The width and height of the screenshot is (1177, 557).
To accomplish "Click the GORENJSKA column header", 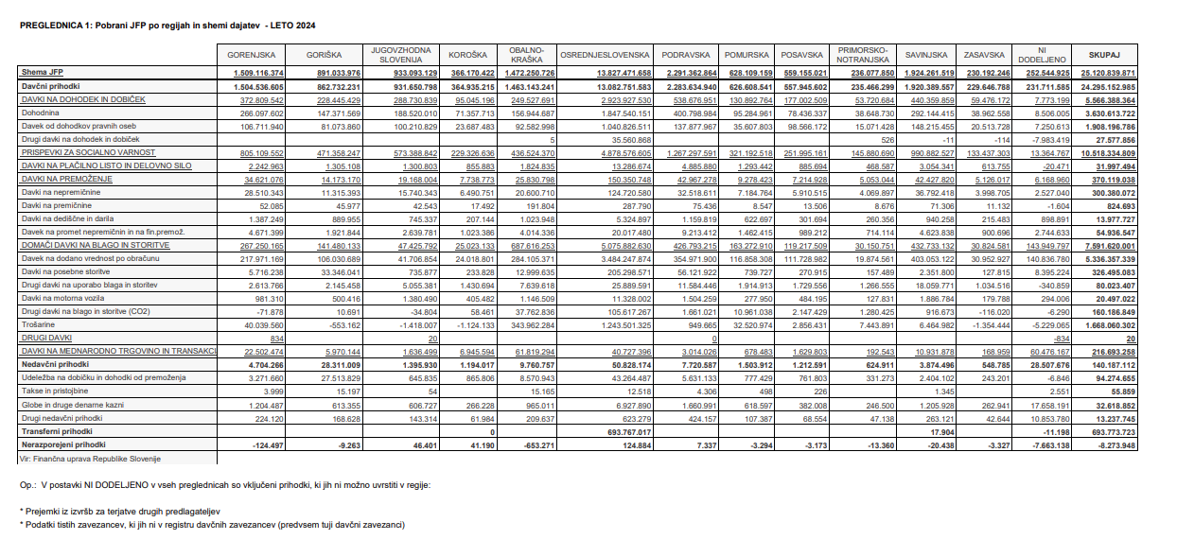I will [x=251, y=56].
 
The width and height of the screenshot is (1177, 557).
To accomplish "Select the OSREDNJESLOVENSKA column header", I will [x=605, y=56].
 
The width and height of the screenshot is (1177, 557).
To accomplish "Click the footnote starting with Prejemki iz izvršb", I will [x=119, y=511].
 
